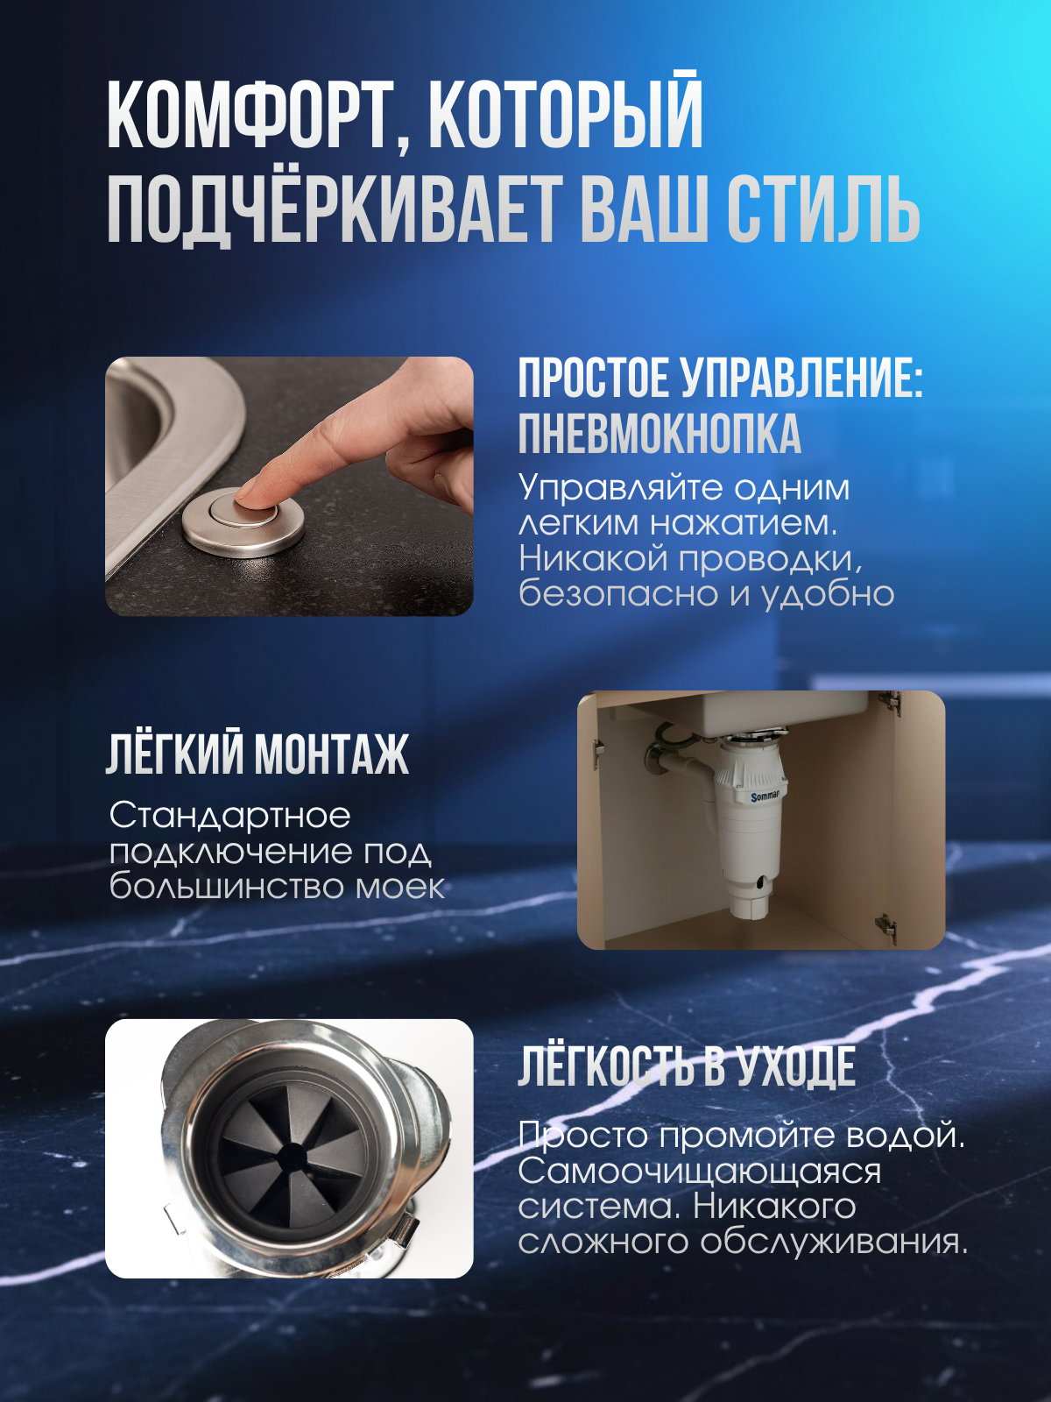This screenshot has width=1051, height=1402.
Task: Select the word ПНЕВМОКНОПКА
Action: tap(660, 435)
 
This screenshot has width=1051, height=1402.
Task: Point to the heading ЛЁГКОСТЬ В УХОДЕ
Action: tap(687, 1066)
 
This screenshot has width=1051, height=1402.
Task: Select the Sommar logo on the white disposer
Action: tap(765, 797)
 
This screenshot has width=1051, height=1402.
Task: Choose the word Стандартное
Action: tap(229, 816)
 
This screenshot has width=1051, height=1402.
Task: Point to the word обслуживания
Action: tap(834, 1242)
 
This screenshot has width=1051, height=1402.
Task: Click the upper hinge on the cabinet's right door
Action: tap(890, 704)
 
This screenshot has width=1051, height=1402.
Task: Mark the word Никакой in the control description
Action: tap(593, 558)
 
